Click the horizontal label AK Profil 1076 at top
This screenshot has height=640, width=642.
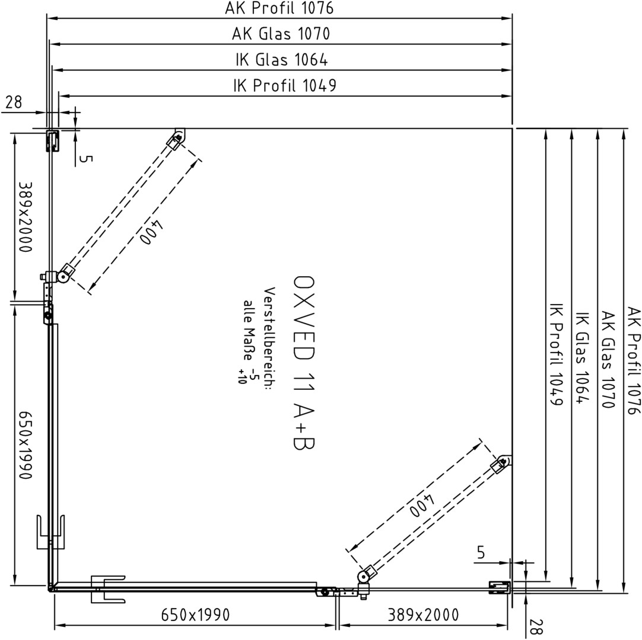(279, 8)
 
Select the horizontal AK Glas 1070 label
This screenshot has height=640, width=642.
(281, 34)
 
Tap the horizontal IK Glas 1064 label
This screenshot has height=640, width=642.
(282, 60)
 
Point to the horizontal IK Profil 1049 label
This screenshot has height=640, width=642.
(285, 85)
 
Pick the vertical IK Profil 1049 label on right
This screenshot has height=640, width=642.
(556, 360)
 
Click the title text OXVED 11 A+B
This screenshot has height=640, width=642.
(304, 363)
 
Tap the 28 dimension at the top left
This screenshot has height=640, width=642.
(14, 102)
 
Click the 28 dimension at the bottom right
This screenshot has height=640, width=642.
(536, 626)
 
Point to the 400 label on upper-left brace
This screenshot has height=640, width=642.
(151, 233)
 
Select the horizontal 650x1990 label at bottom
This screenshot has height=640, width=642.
(195, 615)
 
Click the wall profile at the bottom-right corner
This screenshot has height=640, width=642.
(500, 587)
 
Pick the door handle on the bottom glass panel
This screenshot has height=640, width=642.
(107, 589)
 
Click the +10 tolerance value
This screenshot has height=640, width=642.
(241, 376)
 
